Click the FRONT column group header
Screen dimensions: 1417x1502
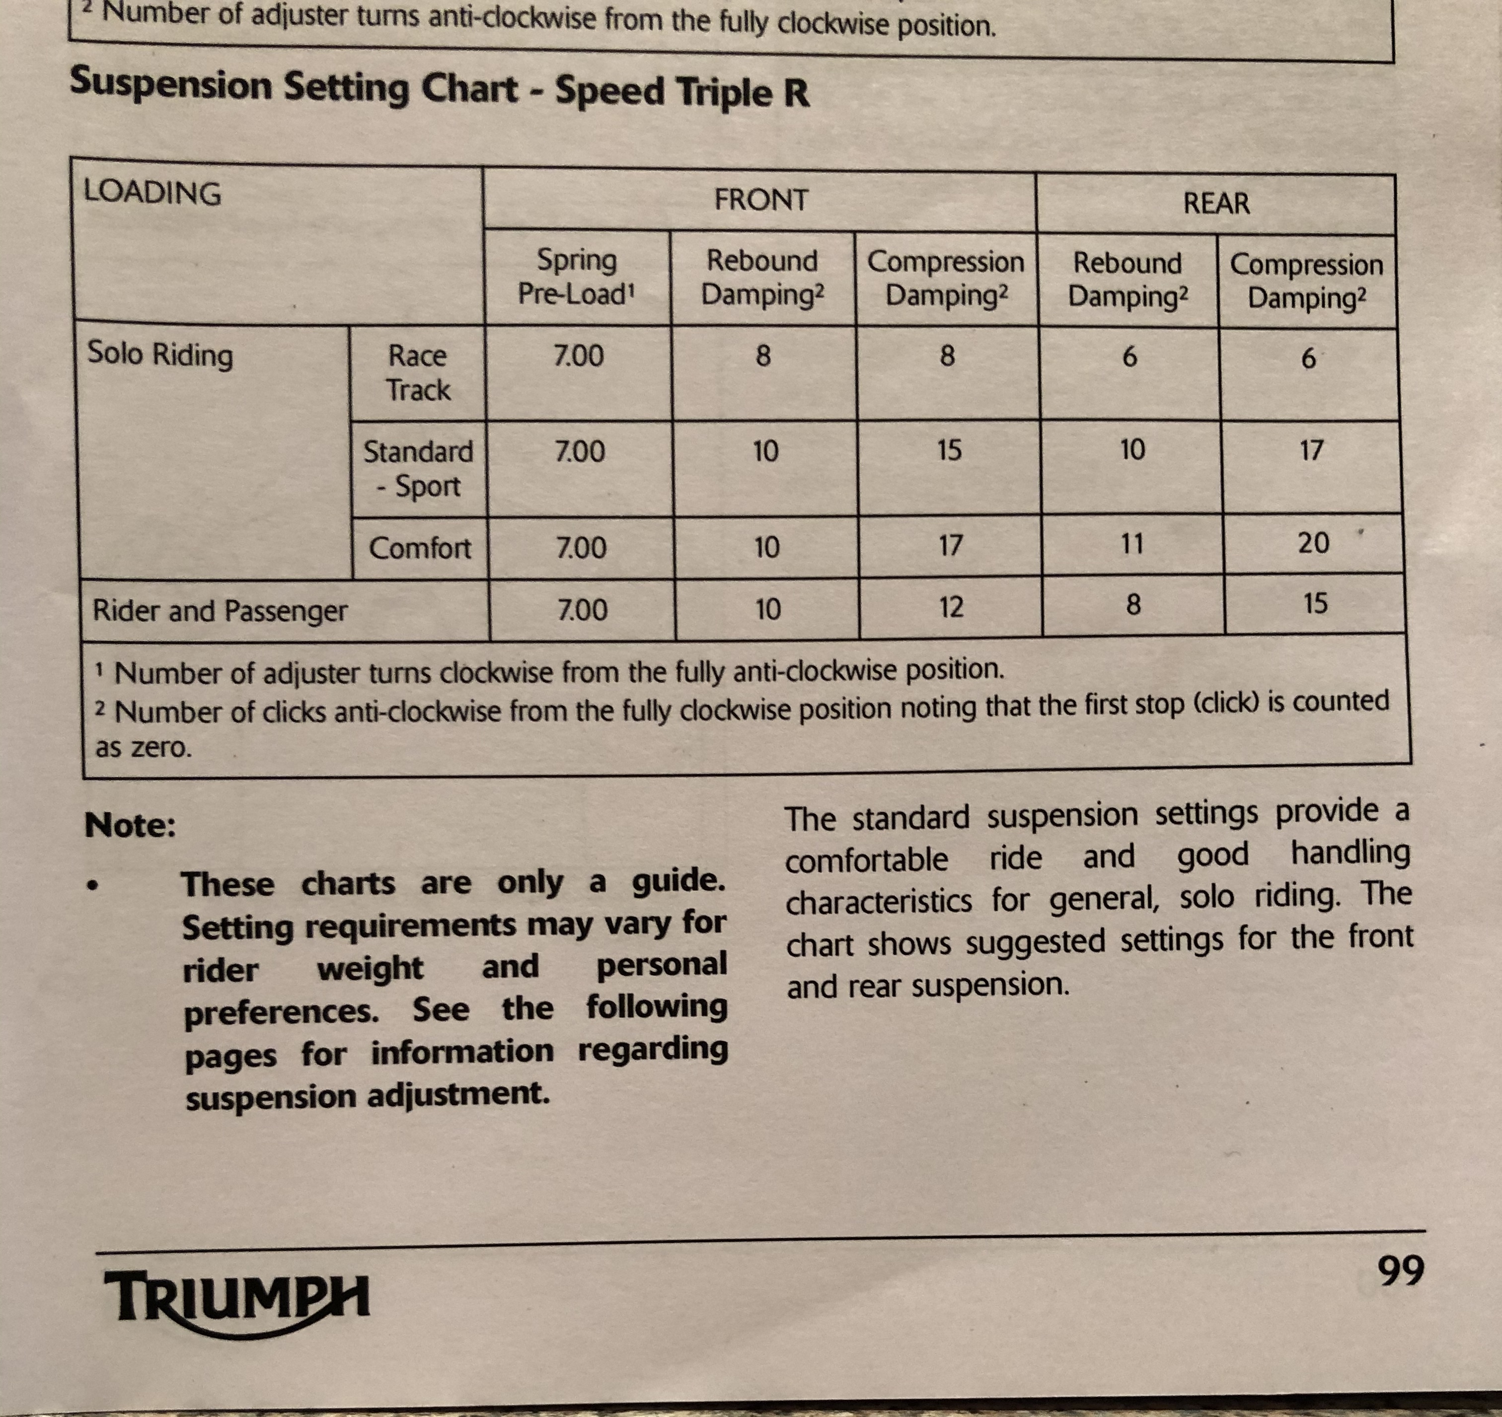(x=761, y=200)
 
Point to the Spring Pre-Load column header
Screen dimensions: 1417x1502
(x=577, y=277)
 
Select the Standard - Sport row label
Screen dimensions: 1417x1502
(x=419, y=468)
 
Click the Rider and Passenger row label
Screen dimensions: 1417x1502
(x=220, y=610)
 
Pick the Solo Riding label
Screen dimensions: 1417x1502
(x=160, y=354)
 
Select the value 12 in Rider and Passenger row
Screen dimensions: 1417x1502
(x=951, y=607)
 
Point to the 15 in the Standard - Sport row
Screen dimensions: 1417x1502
(x=949, y=450)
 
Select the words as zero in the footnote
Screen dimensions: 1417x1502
(x=144, y=747)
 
